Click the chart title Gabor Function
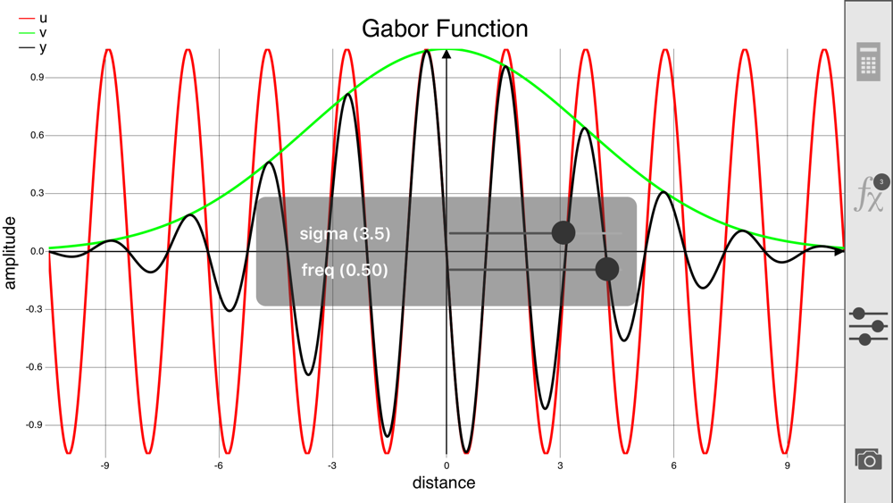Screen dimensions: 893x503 coord(445,29)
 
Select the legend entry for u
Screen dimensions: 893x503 coord(33,18)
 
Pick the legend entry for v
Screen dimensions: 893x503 coord(33,33)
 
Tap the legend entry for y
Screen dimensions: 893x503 coord(33,48)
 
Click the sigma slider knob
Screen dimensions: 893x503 coord(563,232)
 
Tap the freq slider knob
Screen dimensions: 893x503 coord(607,269)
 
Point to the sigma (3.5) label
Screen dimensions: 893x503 coord(345,233)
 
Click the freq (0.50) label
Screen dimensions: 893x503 coord(345,270)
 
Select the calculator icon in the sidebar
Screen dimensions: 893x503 coord(868,62)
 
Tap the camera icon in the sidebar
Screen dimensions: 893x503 coord(868,458)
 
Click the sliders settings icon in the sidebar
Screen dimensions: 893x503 coord(868,326)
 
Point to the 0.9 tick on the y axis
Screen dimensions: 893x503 coord(38,78)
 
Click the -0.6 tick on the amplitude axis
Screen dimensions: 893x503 coord(36,367)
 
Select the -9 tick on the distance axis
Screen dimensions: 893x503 coord(104,465)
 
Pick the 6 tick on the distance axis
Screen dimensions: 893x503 coord(673,465)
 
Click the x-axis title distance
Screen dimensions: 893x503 coord(444,483)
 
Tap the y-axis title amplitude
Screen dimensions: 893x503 coord(10,253)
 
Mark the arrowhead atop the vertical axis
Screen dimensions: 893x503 coord(446,54)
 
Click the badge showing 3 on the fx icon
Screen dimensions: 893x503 coord(881,182)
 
